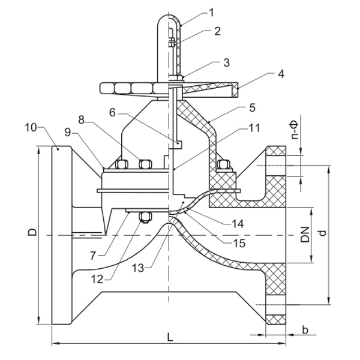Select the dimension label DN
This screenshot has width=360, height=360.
pos(305,234)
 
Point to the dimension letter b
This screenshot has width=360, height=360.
pos(305,330)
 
